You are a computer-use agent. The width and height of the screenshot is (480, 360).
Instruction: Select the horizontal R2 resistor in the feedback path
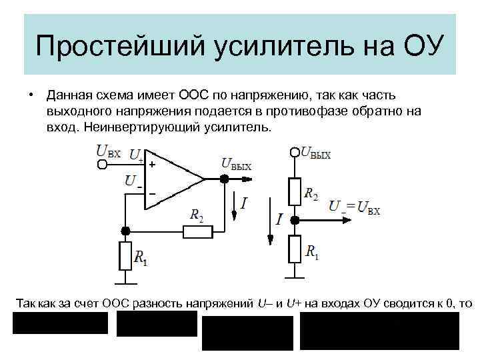point(198,231)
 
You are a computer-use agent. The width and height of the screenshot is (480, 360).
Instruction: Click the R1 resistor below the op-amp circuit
point(125,255)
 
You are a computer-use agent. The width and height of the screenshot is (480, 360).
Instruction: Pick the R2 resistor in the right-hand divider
point(295,191)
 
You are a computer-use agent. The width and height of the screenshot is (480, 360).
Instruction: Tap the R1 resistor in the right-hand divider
point(295,249)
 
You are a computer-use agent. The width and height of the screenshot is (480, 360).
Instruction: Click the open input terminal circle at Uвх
point(102,165)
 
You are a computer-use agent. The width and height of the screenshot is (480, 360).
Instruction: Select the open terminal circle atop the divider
point(295,153)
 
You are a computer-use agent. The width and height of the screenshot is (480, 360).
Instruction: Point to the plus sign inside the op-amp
point(152,164)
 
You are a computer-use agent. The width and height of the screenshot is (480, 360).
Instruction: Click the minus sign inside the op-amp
point(152,194)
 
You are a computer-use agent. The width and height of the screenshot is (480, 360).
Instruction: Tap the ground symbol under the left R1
point(125,280)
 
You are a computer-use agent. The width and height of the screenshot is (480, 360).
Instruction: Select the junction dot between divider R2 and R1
point(295,219)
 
